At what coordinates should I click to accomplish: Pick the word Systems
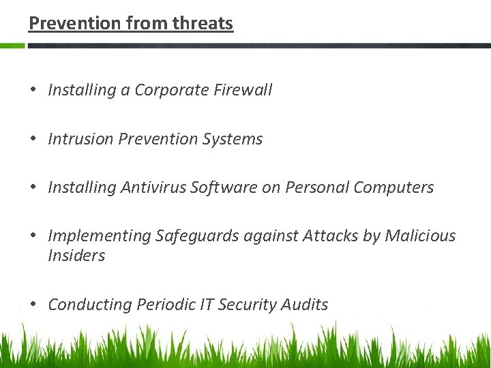pos(233,139)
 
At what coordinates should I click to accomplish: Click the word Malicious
pos(420,236)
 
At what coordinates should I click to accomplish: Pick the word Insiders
pos(76,256)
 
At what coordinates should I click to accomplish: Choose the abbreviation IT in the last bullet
pos(208,305)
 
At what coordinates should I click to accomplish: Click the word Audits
pos(305,305)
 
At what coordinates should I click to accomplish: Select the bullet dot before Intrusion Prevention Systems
pos(33,139)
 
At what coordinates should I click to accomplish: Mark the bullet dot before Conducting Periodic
pos(33,305)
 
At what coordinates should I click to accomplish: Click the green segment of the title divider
pos(12,46)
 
